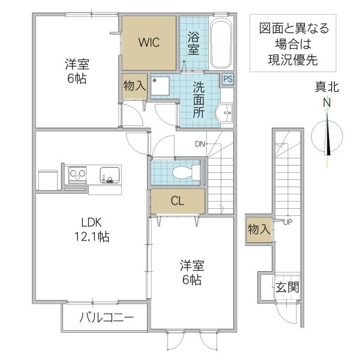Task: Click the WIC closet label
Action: (x=149, y=43)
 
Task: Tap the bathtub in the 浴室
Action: (x=221, y=45)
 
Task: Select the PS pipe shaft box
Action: (x=228, y=79)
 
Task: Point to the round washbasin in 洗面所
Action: (x=224, y=113)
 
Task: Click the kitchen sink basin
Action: (x=110, y=175)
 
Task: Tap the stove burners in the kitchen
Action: (x=77, y=174)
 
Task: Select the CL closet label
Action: (x=178, y=201)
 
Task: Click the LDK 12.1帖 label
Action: (x=92, y=230)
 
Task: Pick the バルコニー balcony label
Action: (x=107, y=318)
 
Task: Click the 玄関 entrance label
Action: (x=287, y=287)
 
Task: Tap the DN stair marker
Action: (x=200, y=144)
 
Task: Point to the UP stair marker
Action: (x=288, y=222)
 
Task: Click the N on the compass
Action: (x=327, y=103)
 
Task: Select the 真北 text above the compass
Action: (x=327, y=87)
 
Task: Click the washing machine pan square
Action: (x=160, y=86)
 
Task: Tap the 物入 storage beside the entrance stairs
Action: (x=259, y=230)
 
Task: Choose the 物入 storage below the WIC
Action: (x=134, y=86)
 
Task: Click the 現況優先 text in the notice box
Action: (x=293, y=60)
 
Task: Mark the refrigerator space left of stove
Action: (x=48, y=180)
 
